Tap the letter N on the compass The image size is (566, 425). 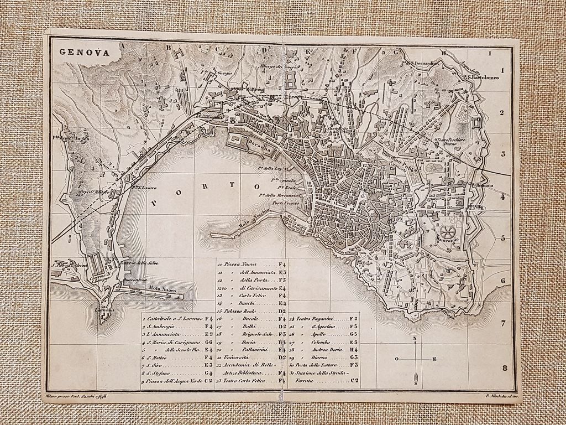coord(415,339)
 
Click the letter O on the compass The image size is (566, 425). coord(396,359)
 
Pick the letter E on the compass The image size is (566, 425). coord(434,359)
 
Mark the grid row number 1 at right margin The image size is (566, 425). coord(503,70)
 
